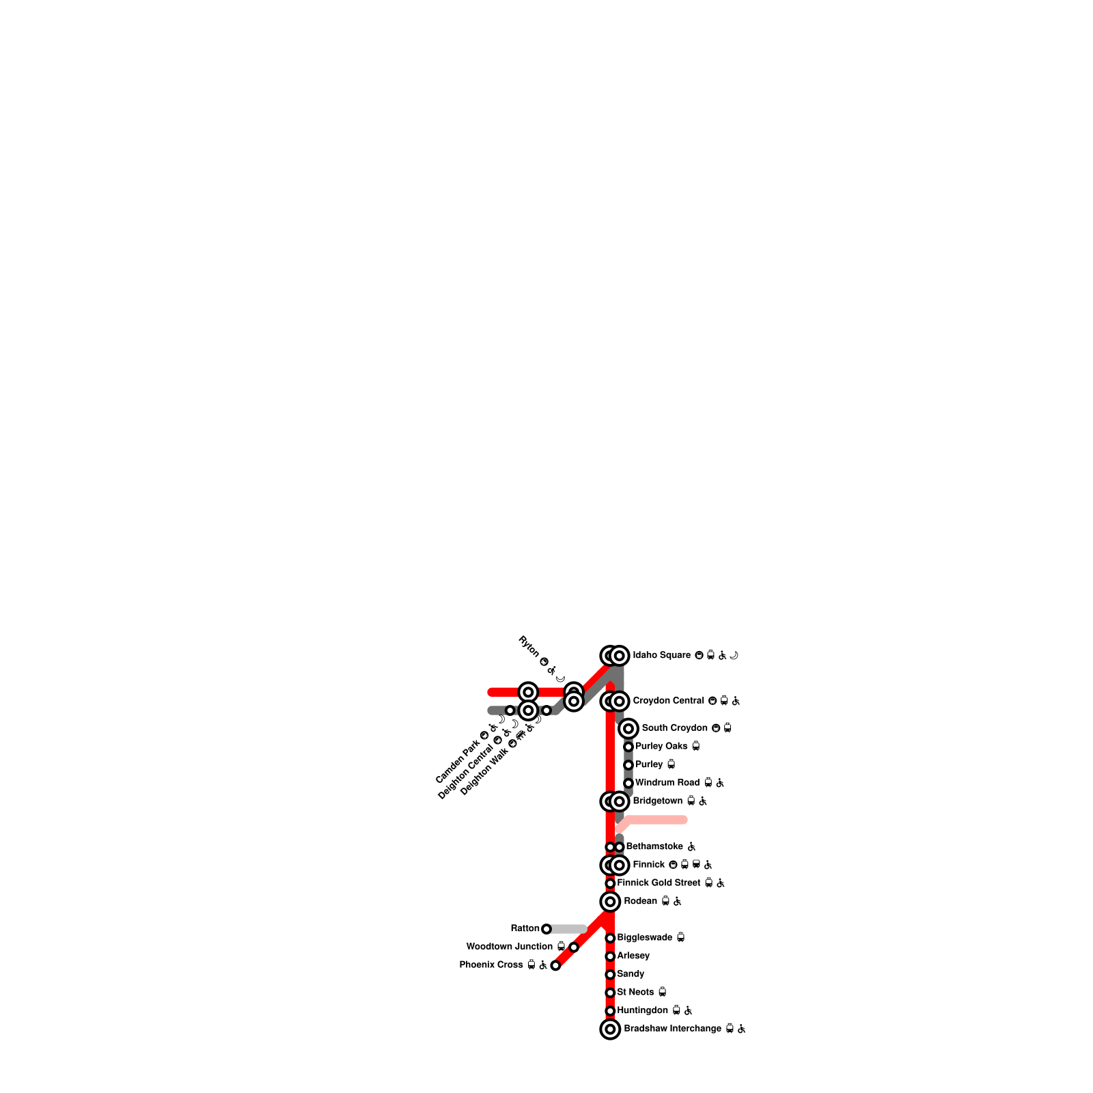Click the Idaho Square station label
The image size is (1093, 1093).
(x=661, y=655)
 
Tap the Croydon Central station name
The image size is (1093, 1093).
(x=668, y=701)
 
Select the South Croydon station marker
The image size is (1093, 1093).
(x=628, y=728)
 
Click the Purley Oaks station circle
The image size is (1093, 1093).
(x=628, y=747)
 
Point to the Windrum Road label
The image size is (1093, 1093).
(x=667, y=783)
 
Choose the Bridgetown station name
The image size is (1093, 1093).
(x=657, y=801)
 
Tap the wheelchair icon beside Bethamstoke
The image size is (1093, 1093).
(x=691, y=847)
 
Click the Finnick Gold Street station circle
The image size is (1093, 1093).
(x=610, y=883)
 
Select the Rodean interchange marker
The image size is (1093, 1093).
(x=610, y=902)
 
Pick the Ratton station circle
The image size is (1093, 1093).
(x=546, y=929)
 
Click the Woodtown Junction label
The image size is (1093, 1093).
(x=509, y=947)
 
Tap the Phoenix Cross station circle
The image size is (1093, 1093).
(x=555, y=965)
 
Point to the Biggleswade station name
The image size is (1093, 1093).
(x=644, y=938)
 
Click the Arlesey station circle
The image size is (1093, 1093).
(x=610, y=956)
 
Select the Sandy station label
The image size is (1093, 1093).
(x=631, y=974)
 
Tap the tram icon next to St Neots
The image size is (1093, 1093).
(x=662, y=992)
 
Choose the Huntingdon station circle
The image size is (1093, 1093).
(x=610, y=1011)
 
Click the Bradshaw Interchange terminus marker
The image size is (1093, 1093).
(x=610, y=1029)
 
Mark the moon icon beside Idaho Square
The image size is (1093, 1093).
(x=734, y=655)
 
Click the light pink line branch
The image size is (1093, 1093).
(x=656, y=820)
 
